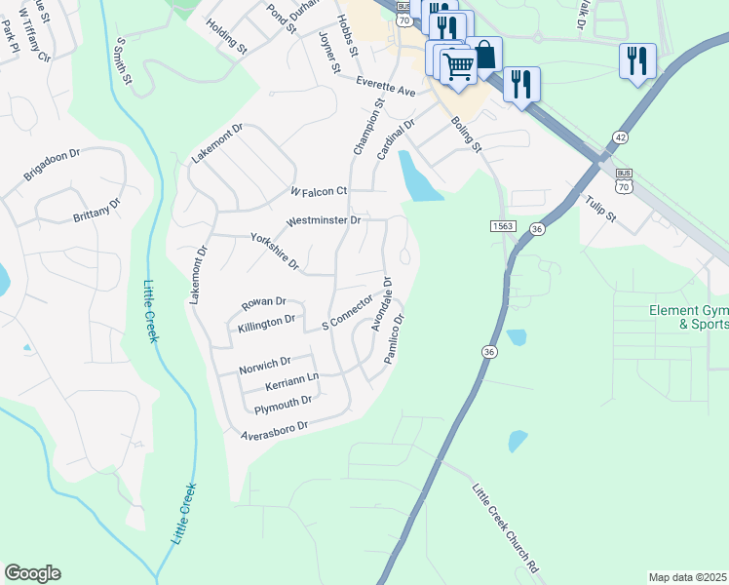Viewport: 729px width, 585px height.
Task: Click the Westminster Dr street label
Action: [x=324, y=221]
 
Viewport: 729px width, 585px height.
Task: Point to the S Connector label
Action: [x=347, y=311]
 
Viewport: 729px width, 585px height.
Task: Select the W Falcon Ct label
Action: [x=319, y=191]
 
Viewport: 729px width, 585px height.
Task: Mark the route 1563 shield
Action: [x=501, y=225]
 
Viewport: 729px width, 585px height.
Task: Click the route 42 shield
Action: [x=621, y=138]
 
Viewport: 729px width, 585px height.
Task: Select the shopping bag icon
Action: [x=484, y=55]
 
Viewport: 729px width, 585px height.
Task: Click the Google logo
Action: [x=32, y=573]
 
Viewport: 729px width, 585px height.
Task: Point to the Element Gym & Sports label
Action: [x=688, y=318]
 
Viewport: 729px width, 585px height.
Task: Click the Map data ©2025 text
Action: [x=687, y=577]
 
